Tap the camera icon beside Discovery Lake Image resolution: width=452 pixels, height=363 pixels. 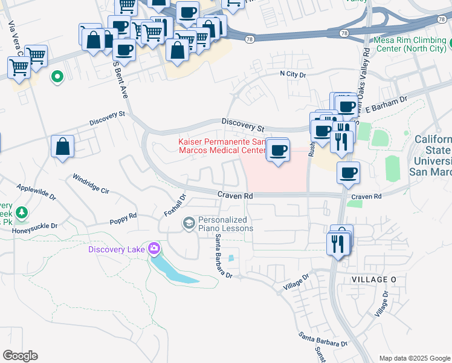(154, 249)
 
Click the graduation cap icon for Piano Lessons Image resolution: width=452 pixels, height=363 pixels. (189, 224)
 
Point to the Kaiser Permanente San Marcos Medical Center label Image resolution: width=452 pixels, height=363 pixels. (222, 146)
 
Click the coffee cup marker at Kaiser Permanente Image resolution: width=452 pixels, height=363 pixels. (278, 151)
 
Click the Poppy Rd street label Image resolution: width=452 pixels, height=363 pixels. (123, 216)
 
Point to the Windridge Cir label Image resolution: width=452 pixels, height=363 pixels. (91, 184)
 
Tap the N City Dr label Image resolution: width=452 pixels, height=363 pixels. (293, 74)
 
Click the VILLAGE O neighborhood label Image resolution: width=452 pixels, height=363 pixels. (375, 279)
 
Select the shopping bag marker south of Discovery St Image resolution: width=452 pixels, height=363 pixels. (63, 146)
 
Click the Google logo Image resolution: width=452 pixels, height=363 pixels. (20, 356)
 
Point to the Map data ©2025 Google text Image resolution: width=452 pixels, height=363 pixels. (414, 358)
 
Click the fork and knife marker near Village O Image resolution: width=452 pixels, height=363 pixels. (336, 244)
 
